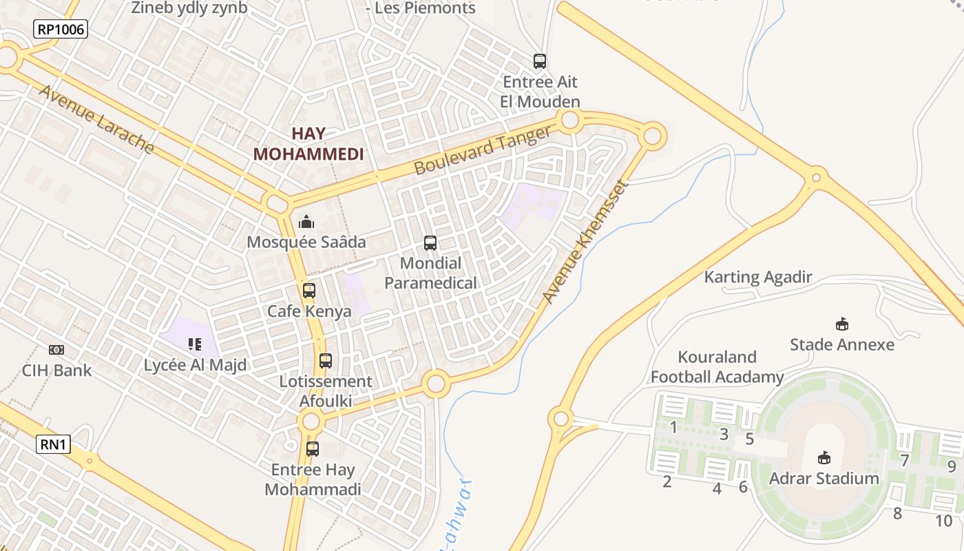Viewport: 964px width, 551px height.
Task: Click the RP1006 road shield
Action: [61, 29]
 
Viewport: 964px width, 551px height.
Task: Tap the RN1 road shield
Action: [53, 444]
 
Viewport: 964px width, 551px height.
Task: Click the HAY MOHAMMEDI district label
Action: [308, 144]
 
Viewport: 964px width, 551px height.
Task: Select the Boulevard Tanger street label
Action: [483, 150]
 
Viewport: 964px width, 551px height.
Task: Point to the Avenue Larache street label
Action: [96, 118]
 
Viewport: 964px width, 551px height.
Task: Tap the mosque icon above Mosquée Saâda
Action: [306, 222]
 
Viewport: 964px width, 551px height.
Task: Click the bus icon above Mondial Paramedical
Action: [430, 242]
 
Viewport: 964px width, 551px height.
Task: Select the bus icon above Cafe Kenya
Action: [309, 291]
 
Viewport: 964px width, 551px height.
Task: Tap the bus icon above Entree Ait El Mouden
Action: [540, 61]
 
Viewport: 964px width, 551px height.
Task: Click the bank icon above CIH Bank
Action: [56, 350]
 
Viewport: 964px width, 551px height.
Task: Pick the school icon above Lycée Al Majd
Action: [195, 344]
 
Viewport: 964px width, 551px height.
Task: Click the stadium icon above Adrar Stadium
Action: [824, 457]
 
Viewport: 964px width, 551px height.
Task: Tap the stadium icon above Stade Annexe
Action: [841, 324]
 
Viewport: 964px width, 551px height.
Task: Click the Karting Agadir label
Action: [758, 278]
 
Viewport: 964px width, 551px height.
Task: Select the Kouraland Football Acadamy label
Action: [717, 367]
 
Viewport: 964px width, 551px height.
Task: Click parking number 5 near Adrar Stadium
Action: [750, 439]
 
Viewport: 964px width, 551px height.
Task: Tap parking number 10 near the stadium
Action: [943, 521]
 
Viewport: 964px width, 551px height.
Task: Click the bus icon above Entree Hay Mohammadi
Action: [313, 449]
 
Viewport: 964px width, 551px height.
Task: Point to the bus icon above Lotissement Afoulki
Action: [326, 360]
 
